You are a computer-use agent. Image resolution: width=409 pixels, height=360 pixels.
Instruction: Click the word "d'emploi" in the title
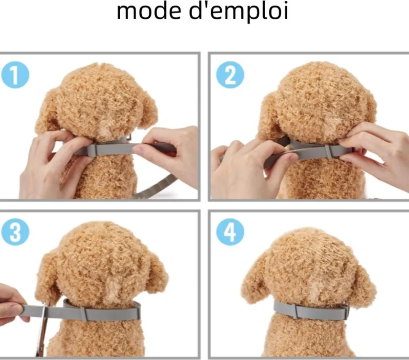[x=238, y=12]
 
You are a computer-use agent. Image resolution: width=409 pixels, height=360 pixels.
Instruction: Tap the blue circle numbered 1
[x=15, y=75]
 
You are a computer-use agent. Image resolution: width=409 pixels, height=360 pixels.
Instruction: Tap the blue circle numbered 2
[x=230, y=75]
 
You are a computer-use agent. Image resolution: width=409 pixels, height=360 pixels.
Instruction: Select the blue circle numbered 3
[x=15, y=232]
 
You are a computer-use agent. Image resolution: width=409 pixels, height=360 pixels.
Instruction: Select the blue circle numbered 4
[x=230, y=232]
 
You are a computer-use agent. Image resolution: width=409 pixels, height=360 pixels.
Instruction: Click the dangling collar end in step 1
[x=156, y=187]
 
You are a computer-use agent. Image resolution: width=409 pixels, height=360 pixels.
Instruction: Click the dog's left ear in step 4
[x=254, y=279]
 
